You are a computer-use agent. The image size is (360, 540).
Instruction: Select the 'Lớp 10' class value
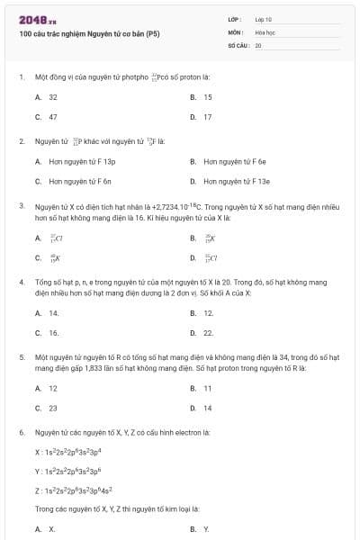[x=264, y=18]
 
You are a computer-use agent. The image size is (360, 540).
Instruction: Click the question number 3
[x=21, y=206]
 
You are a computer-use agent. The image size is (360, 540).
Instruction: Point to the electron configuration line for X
[x=68, y=452]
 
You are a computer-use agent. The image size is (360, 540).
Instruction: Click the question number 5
[x=21, y=356]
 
